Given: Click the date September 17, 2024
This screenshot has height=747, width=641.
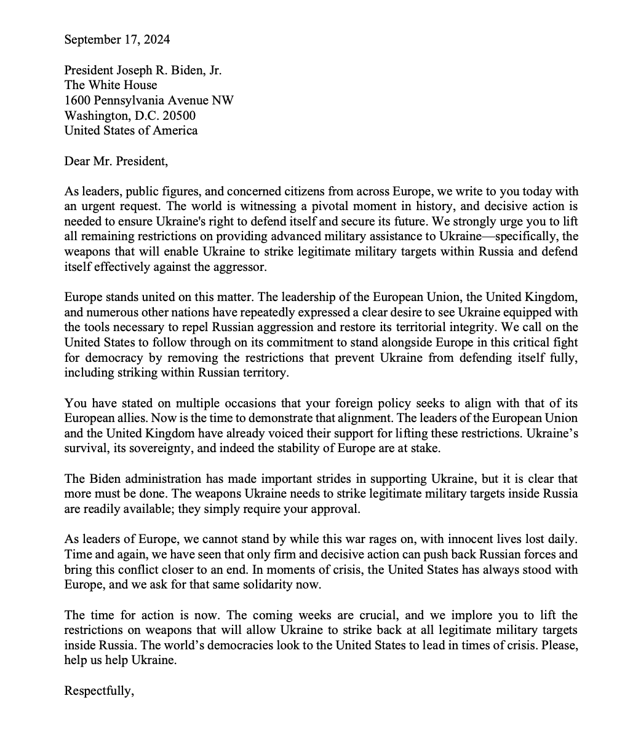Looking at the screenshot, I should coord(117,40).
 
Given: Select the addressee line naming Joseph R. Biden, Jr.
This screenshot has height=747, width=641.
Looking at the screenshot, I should coord(143,70).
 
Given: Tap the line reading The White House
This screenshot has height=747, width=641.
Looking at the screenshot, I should coord(111,85).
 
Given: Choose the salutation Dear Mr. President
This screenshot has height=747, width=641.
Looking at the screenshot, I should coord(116,161).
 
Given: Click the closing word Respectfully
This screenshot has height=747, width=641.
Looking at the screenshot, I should coord(99,690).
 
